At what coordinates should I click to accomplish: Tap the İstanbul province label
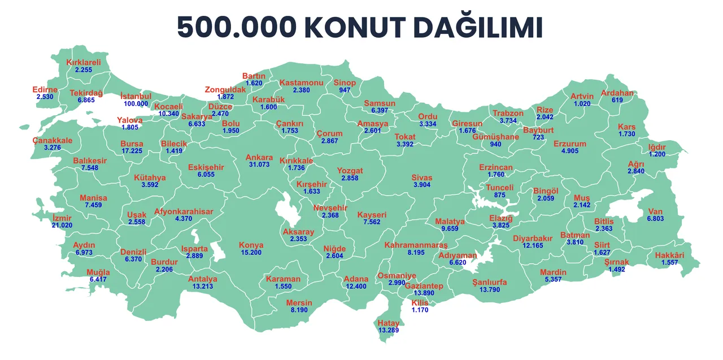[136, 96]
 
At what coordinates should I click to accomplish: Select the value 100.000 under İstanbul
[136, 104]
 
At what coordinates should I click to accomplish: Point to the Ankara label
[259, 158]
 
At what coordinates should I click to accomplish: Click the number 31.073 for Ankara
[259, 165]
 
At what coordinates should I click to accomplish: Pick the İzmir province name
[62, 218]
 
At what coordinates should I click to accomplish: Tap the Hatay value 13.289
[389, 330]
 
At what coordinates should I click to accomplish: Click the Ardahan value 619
[617, 100]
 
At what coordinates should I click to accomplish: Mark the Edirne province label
[45, 90]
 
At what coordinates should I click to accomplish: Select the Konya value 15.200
[251, 253]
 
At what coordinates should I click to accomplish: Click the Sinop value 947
[345, 90]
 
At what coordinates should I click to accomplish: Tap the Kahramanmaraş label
[416, 245]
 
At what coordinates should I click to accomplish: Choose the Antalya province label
[203, 279]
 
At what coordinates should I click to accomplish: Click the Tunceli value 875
[500, 195]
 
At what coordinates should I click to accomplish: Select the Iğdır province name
[657, 147]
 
